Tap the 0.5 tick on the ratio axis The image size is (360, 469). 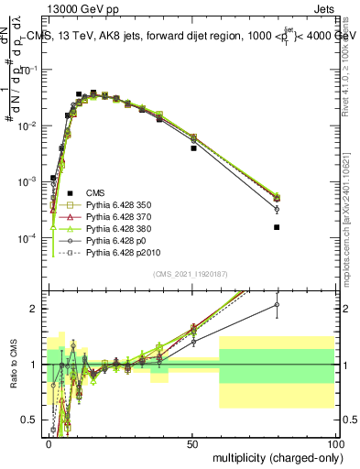tap(36, 421)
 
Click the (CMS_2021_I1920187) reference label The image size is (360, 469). tap(191, 274)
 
